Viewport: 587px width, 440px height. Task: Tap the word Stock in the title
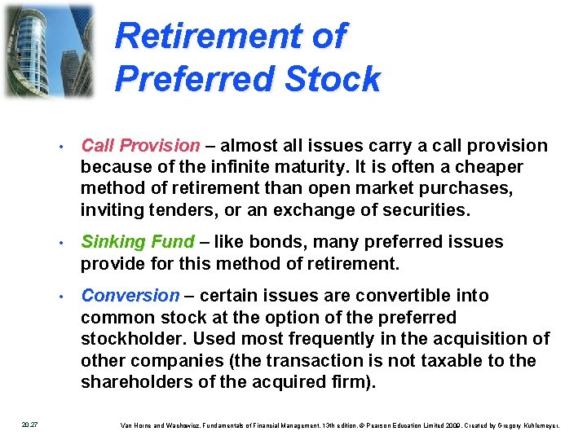(x=336, y=79)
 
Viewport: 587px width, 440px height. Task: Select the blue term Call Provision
(x=140, y=146)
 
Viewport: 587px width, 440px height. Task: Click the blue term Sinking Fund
(x=138, y=242)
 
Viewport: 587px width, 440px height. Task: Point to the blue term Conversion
(x=130, y=296)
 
